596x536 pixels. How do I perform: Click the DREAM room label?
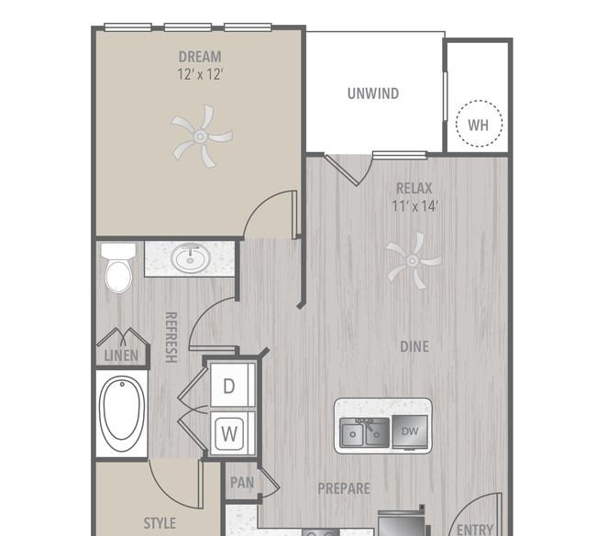click(x=200, y=57)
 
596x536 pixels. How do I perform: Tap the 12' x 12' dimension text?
click(x=200, y=74)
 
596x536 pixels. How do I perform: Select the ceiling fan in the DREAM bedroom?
click(x=202, y=136)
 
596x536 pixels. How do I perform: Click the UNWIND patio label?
click(x=373, y=93)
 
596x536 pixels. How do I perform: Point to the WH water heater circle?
click(x=479, y=124)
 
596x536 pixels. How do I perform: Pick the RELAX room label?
click(x=414, y=189)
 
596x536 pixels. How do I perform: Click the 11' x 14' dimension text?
click(x=414, y=206)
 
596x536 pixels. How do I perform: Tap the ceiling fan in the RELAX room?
click(x=414, y=260)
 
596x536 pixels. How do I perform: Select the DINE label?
click(x=414, y=346)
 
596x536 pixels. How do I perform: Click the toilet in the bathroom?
click(x=118, y=268)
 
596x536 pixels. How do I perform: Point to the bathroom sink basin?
click(x=190, y=257)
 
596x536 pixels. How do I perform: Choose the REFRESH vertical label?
click(x=171, y=337)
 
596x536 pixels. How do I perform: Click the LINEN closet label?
click(x=121, y=356)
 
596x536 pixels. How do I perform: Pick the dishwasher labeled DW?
click(x=410, y=432)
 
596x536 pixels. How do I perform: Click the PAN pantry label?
click(x=242, y=483)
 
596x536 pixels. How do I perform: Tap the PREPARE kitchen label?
click(x=344, y=488)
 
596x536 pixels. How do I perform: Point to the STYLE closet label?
click(x=160, y=523)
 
